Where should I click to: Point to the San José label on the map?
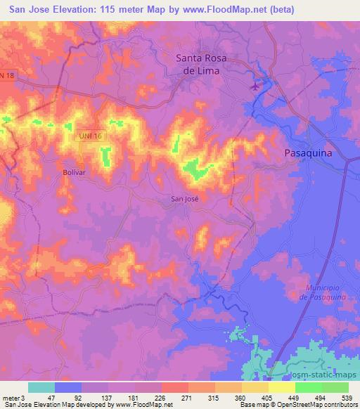coord(186,199)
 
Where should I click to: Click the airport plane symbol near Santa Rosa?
coord(255,87)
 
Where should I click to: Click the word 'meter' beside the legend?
coord(10,398)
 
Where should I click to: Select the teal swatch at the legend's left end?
coord(41,387)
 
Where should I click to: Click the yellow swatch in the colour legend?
coord(281,387)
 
